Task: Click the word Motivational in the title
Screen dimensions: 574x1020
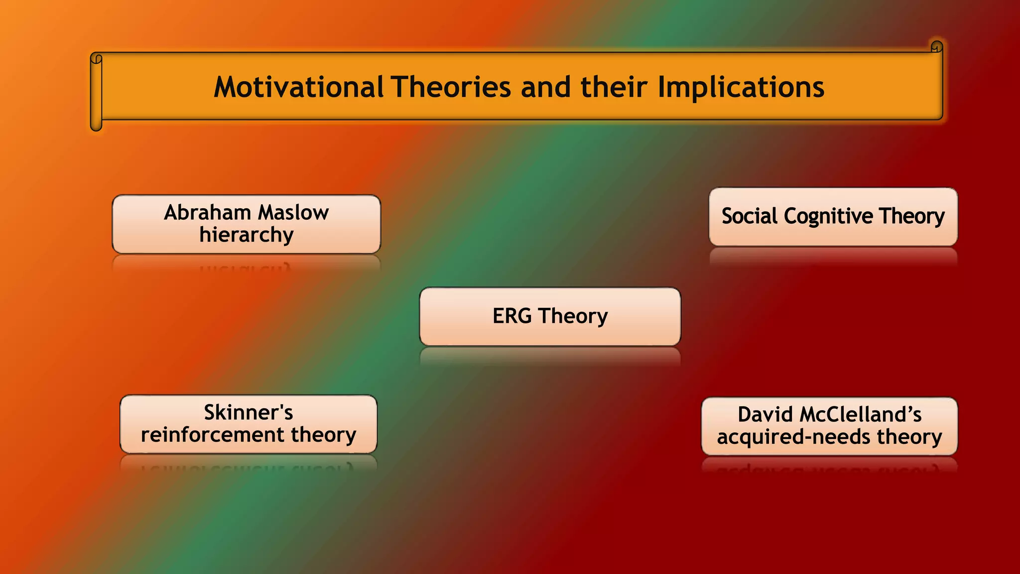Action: coord(298,87)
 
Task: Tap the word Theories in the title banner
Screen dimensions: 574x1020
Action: coord(451,87)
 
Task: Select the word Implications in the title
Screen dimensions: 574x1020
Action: coord(741,88)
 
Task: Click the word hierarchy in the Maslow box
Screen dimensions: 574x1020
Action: coord(247,235)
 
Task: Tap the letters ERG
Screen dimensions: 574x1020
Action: coord(512,316)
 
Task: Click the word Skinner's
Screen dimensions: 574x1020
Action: coord(249,413)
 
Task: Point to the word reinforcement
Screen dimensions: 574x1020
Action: coord(213,435)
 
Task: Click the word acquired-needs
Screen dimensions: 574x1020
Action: coord(793,437)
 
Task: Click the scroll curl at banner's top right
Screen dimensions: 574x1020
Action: coord(936,47)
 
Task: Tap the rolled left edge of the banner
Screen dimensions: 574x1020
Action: coord(96,92)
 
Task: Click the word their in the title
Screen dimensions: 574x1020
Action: coord(614,87)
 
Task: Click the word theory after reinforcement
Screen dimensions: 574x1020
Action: coord(324,435)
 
